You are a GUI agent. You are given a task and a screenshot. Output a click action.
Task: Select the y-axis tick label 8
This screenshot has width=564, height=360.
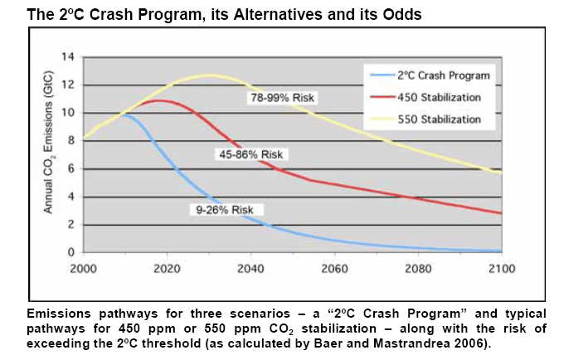click(x=71, y=141)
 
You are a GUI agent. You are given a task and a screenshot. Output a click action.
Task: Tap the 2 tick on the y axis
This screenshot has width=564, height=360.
click(x=71, y=225)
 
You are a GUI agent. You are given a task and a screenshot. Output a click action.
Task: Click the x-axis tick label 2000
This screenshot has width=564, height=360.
click(x=84, y=269)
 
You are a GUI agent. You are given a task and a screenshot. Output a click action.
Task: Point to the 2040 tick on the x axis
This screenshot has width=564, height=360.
click(x=250, y=269)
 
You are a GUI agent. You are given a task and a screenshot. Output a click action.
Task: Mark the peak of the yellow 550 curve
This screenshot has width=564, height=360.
click(x=209, y=75)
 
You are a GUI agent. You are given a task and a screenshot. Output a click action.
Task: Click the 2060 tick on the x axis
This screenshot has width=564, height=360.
click(x=334, y=269)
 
